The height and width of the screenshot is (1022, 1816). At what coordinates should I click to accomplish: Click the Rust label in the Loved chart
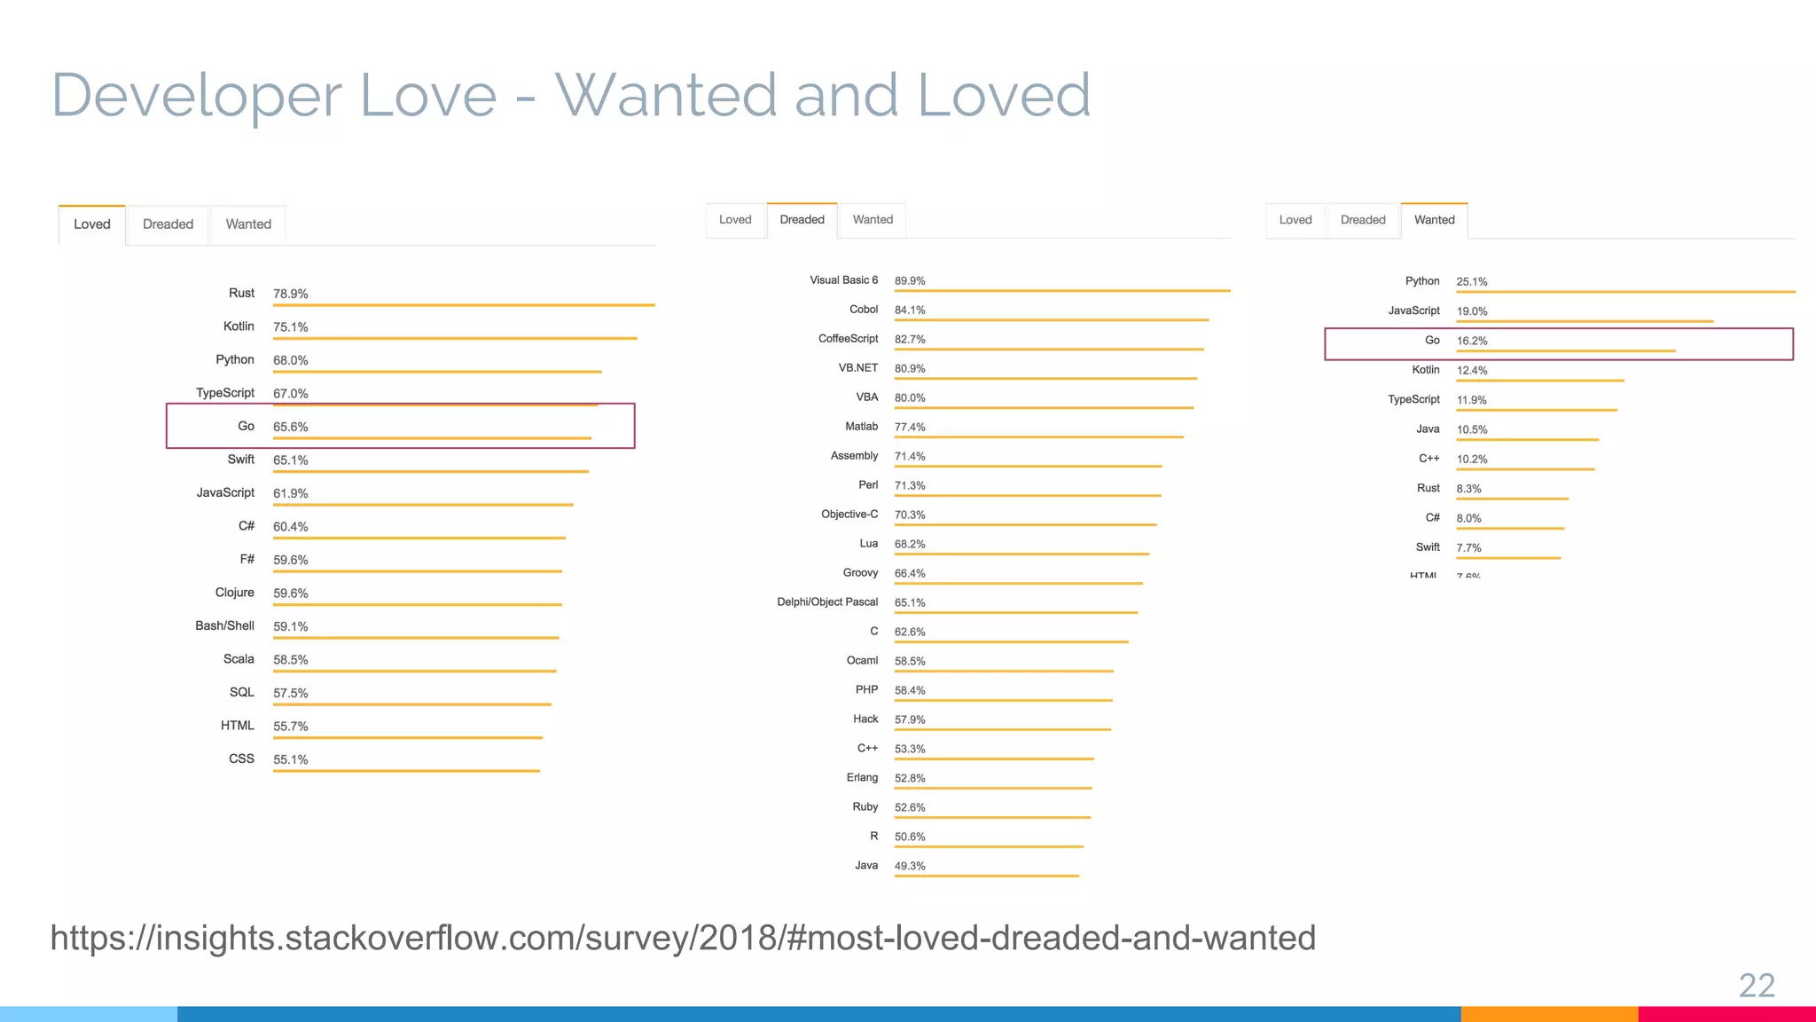pos(241,293)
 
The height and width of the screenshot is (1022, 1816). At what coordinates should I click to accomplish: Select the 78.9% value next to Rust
pos(290,294)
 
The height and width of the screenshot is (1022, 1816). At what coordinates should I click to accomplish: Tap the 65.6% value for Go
pos(290,427)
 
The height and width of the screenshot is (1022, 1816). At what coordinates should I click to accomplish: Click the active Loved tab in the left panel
pos(92,224)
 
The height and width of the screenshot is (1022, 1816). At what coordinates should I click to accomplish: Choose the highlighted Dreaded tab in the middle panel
pos(802,220)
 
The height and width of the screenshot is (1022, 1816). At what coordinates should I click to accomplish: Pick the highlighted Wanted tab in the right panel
pos(1434,220)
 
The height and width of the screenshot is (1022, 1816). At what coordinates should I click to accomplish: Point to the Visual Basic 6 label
pos(843,280)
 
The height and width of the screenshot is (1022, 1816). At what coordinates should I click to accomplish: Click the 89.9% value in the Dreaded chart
pos(910,281)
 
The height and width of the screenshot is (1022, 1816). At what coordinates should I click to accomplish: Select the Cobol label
pos(863,310)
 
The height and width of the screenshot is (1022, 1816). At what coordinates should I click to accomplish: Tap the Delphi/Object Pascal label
pos(827,602)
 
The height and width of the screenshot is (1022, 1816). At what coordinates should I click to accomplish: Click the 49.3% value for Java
pos(910,866)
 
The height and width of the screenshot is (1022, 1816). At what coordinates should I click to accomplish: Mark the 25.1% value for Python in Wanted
pos(1471,282)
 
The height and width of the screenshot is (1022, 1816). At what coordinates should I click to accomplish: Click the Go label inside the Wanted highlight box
pos(1432,341)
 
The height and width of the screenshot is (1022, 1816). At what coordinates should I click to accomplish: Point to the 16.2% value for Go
pos(1471,341)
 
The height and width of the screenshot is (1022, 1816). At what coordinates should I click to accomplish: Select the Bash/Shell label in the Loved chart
pos(224,625)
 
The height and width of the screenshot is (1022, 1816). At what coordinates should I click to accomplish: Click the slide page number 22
pos(1756,985)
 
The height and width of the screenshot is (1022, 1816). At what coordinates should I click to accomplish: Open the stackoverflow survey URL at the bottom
pos(683,938)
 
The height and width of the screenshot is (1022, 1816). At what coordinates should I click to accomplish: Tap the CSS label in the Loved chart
pos(241,759)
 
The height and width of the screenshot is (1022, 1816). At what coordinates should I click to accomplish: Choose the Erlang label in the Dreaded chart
pos(862,778)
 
